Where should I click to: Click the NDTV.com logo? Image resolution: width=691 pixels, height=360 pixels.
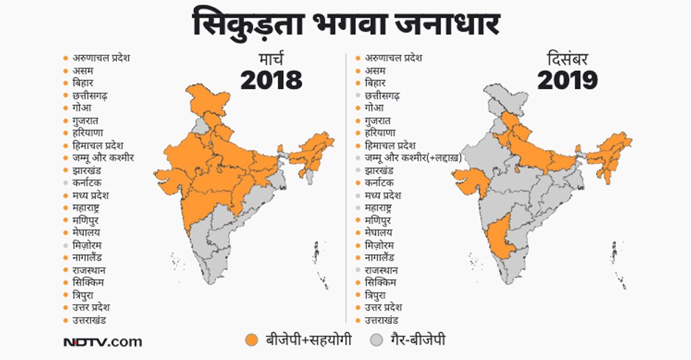(x=102, y=342)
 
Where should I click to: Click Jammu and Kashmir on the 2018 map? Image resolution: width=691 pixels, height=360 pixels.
(x=204, y=99)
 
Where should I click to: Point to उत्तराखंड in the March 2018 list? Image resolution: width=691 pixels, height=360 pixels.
(x=91, y=320)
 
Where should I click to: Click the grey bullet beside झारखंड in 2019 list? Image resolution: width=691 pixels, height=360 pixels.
(x=358, y=170)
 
